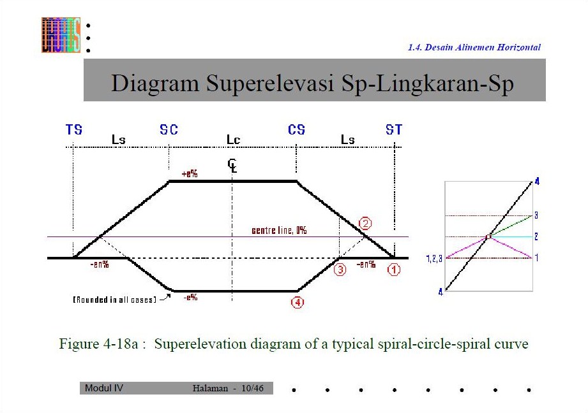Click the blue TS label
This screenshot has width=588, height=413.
pos(74,129)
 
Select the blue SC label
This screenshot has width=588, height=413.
pos(169,129)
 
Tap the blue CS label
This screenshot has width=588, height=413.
pos(296,129)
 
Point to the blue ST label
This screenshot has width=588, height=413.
pos(394,129)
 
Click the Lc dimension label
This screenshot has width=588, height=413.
pos(233,139)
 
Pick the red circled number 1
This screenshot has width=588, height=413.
pos(394,270)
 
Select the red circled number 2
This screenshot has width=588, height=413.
pos(365,224)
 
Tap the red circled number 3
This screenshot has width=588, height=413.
pos(340,270)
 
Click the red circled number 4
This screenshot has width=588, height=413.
pos(297,303)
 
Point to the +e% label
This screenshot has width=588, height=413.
pos(190,174)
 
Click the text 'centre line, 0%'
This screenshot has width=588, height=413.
pos(279,230)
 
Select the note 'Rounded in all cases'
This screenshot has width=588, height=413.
pos(114,300)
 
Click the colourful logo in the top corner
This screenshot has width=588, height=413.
pos(61,34)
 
